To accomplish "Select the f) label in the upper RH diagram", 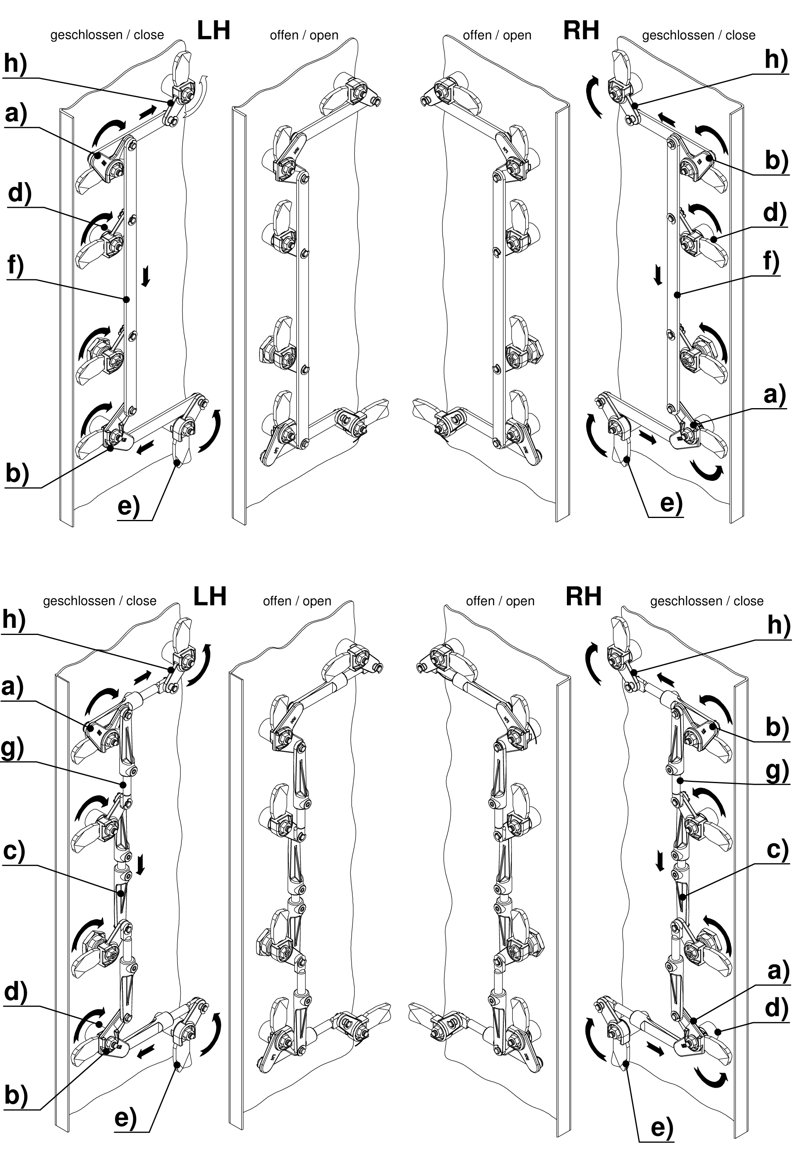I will [772, 262].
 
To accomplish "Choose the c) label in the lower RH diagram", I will [777, 849].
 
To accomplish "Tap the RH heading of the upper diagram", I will [581, 31].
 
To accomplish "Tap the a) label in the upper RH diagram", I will [775, 396].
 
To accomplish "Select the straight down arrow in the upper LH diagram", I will [145, 277].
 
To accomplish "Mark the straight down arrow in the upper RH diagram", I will [659, 275].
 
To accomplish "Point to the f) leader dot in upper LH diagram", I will [126, 299].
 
